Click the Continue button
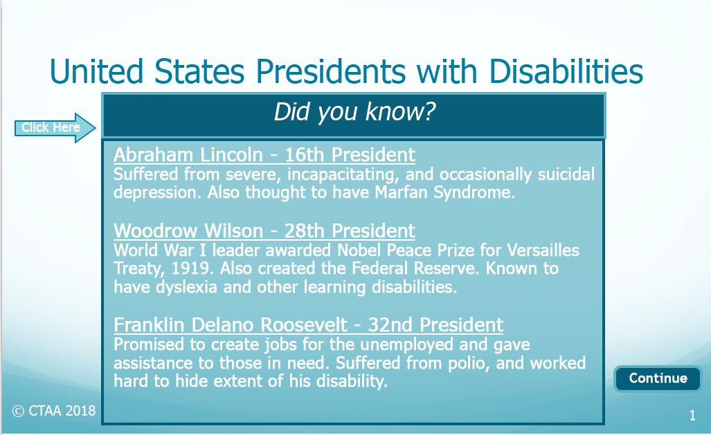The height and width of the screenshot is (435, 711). coord(658,378)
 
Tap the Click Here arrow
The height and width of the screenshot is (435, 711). coord(55,128)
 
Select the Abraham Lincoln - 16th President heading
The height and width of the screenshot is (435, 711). coord(264,155)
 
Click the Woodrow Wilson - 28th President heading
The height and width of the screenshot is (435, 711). coord(264,231)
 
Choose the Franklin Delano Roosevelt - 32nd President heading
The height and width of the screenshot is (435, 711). coord(308,325)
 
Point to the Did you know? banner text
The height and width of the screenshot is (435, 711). coord(354,112)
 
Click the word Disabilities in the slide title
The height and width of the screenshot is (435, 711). coord(566,72)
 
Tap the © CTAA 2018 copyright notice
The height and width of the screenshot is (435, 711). coord(54,411)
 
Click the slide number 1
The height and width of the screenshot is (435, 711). coord(692,416)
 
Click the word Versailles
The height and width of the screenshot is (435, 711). coord(543,250)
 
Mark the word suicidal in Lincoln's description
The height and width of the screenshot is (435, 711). coord(566,174)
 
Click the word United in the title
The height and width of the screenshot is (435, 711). coord(96,72)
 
